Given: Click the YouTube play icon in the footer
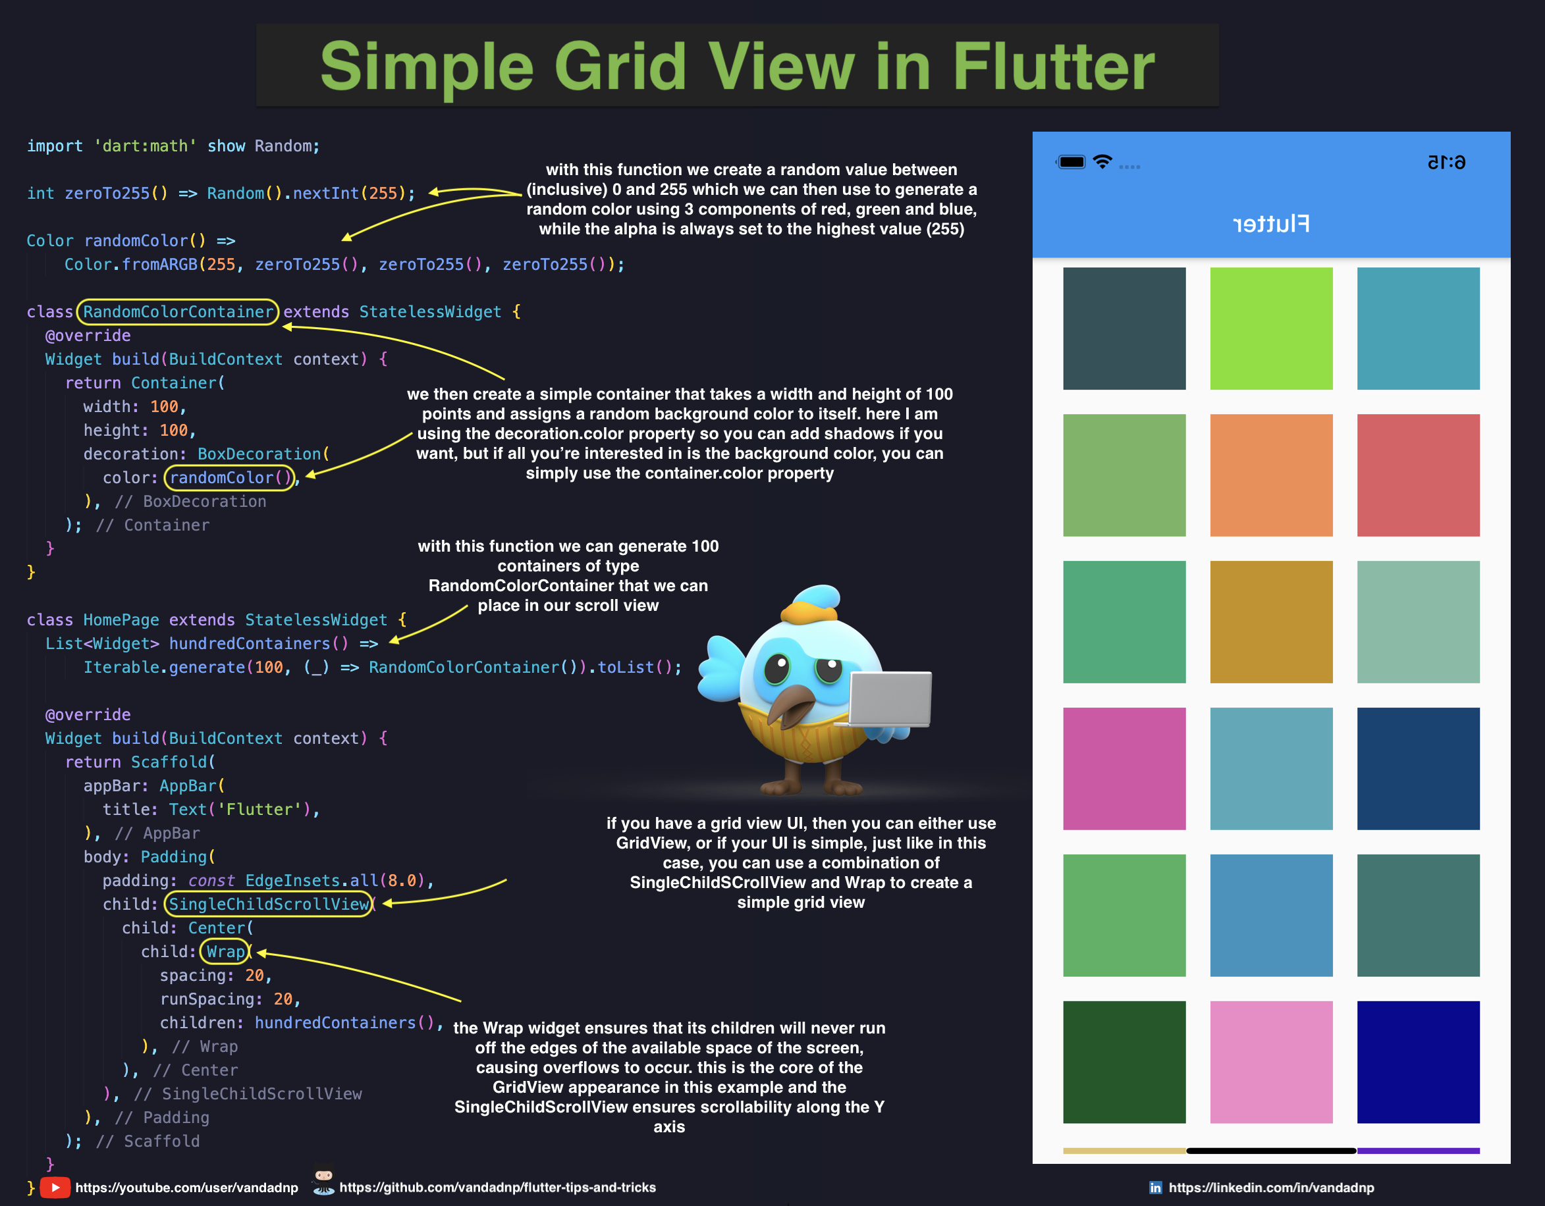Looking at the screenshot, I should coord(55,1187).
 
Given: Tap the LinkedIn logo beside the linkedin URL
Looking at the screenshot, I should coord(1155,1188).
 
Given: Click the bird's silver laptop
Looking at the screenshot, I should coord(890,699).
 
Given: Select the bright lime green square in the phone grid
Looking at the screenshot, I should coord(1270,328).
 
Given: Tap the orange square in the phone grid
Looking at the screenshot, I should coord(1270,475).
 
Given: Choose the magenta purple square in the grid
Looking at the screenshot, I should coord(1124,768).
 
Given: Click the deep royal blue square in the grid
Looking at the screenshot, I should coord(1418,1062).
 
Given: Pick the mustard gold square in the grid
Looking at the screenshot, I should coord(1270,621).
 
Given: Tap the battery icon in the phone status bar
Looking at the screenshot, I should coord(1071,162).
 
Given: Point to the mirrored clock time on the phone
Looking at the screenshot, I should coord(1446,163).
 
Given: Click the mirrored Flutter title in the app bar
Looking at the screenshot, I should coord(1270,224).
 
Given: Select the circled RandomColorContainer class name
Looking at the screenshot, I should coord(178,312).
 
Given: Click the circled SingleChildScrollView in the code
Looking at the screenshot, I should coord(269,904).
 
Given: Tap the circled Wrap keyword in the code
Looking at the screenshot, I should coord(225,951).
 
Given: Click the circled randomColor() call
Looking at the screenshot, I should coord(229,477).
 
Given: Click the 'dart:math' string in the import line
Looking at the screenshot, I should coord(145,146).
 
